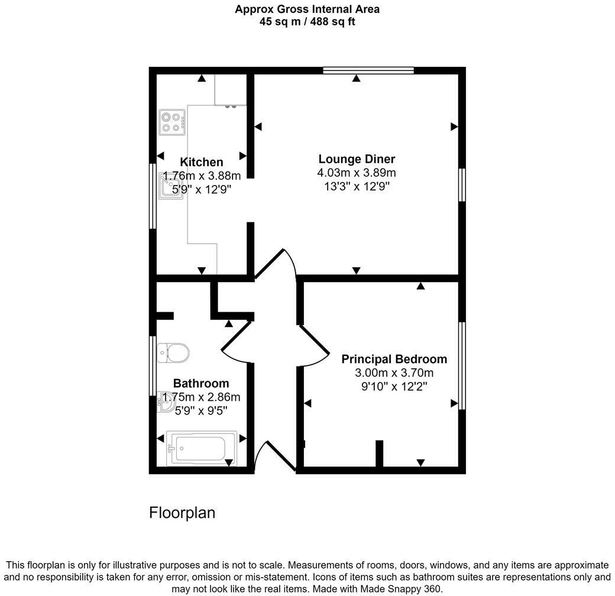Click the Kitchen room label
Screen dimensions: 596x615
coord(201,162)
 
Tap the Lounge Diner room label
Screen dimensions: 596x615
coord(356,158)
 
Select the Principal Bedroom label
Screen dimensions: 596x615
coord(394,359)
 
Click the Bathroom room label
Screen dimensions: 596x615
coord(200,383)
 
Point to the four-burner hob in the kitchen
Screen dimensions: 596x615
coord(171,122)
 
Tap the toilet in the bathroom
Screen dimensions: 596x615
coord(174,353)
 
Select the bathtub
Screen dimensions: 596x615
coord(201,448)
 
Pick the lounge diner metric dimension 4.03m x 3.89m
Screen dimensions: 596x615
coord(356,173)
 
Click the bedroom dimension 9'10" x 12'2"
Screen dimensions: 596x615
coord(394,387)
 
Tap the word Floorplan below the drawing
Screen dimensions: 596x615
coord(182,513)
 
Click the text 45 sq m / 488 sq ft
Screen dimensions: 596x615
coord(307,22)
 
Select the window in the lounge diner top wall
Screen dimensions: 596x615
coord(368,70)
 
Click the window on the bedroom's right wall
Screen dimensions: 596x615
coord(462,365)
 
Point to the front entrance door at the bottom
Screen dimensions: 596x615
coord(273,456)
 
